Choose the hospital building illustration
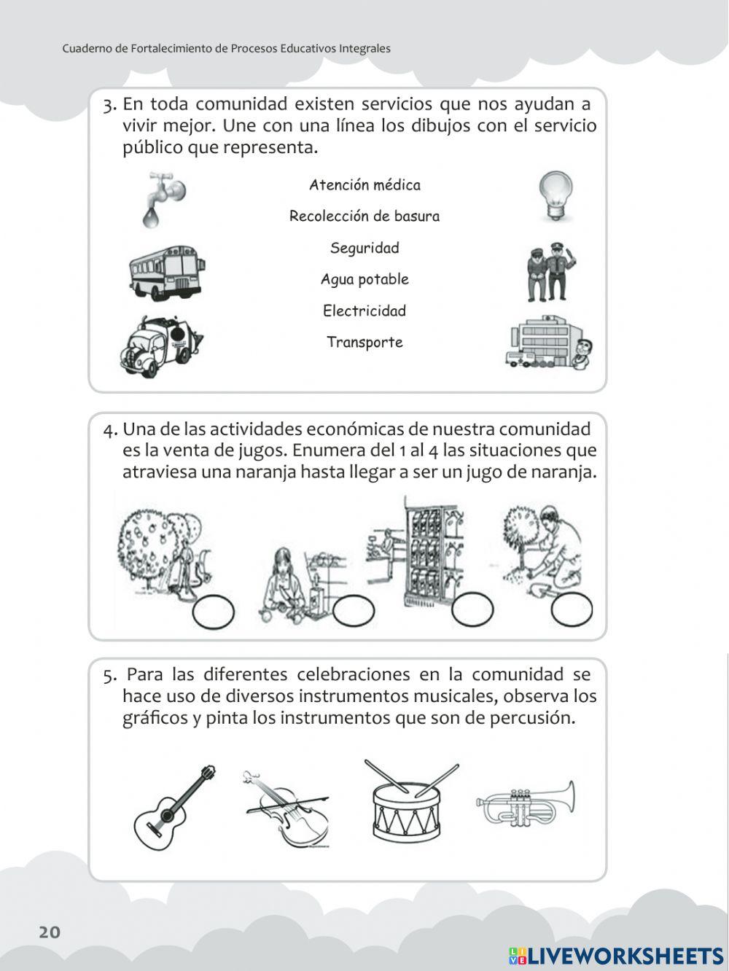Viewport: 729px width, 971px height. [548, 343]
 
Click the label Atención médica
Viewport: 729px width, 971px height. [364, 185]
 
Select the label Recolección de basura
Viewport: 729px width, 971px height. [364, 217]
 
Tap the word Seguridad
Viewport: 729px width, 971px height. [364, 248]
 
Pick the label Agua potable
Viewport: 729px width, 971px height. [364, 279]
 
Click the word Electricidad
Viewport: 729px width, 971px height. [364, 311]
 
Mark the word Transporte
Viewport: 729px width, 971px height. [364, 342]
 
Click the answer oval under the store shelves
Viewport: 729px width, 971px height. [472, 609]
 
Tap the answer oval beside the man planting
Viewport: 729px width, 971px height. [572, 610]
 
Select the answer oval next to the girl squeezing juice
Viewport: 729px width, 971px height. [354, 611]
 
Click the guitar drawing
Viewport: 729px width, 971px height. [175, 807]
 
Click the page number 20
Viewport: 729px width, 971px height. [50, 932]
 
